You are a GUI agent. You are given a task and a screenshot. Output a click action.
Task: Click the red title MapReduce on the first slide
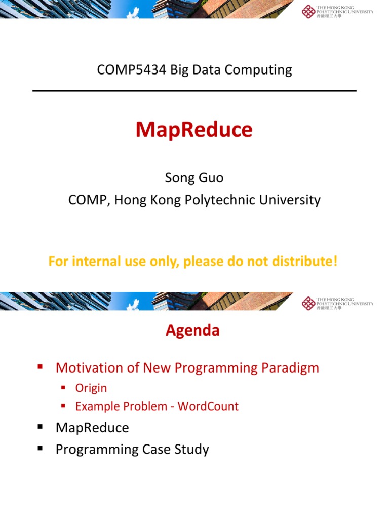[194, 130]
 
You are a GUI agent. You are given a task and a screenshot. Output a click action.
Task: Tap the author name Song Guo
[194, 178]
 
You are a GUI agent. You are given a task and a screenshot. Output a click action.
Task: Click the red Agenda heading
[192, 330]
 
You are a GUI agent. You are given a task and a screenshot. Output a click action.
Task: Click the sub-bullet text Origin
[91, 388]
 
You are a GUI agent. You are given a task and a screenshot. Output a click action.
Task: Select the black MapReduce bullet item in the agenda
[92, 428]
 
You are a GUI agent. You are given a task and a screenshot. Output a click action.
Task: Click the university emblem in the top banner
[308, 11]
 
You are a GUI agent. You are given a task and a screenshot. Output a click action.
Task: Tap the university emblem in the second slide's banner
[308, 303]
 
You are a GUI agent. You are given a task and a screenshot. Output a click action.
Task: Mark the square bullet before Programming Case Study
[40, 449]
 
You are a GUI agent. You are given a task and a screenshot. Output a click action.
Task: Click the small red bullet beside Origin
[63, 388]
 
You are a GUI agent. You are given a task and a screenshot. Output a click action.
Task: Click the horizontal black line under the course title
[194, 91]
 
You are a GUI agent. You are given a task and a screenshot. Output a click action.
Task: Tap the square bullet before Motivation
[40, 367]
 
